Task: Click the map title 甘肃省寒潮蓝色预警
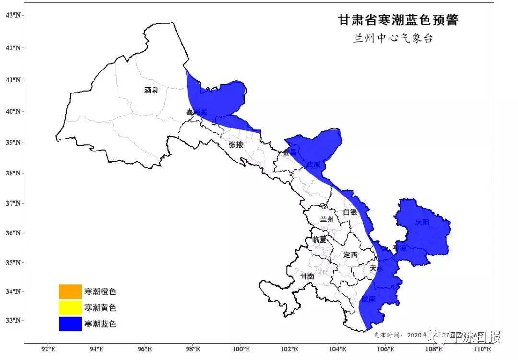398,20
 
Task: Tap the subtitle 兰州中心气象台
393,39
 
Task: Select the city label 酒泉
151,90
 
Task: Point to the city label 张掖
236,144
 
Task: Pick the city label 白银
350,212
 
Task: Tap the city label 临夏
319,239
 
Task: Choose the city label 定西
350,255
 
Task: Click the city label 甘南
307,276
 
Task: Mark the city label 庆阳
423,222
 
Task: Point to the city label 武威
314,164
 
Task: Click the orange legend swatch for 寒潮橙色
70,291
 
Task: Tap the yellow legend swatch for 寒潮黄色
70,307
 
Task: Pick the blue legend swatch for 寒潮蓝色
70,324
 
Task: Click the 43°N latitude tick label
13,15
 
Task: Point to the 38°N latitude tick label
13,173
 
